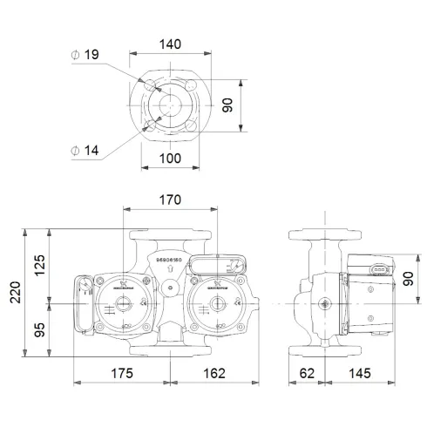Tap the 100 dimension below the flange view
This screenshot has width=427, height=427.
point(171,159)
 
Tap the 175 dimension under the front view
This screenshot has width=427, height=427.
point(121,373)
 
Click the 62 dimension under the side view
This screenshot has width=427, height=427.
point(306,373)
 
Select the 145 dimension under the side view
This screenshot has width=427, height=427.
point(357,373)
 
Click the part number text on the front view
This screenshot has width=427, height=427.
point(169,259)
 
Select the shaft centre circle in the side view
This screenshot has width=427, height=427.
point(326,304)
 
